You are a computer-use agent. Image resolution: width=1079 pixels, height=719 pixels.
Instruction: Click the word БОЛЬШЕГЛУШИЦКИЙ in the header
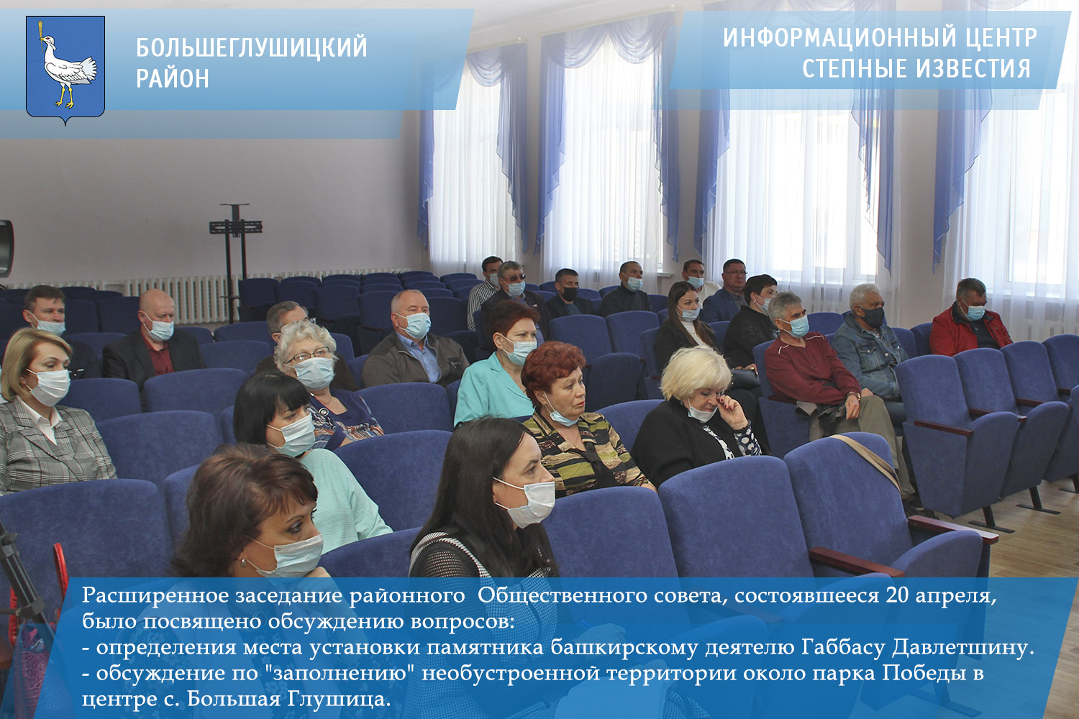tap(252, 47)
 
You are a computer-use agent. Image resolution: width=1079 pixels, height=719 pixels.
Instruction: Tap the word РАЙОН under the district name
tap(173, 78)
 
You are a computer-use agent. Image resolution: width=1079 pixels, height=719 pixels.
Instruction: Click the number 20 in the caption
tap(898, 596)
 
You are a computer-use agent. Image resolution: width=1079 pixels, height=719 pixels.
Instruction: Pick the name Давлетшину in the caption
tap(963, 648)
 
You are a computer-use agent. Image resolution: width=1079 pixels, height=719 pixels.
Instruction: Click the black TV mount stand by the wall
tap(235, 260)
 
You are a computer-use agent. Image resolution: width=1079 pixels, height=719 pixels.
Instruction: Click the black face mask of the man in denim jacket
tap(873, 317)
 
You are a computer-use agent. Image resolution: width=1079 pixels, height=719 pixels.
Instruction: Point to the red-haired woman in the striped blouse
tap(579, 419)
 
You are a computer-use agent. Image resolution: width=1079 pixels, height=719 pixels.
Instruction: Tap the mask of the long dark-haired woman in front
tap(527, 503)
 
